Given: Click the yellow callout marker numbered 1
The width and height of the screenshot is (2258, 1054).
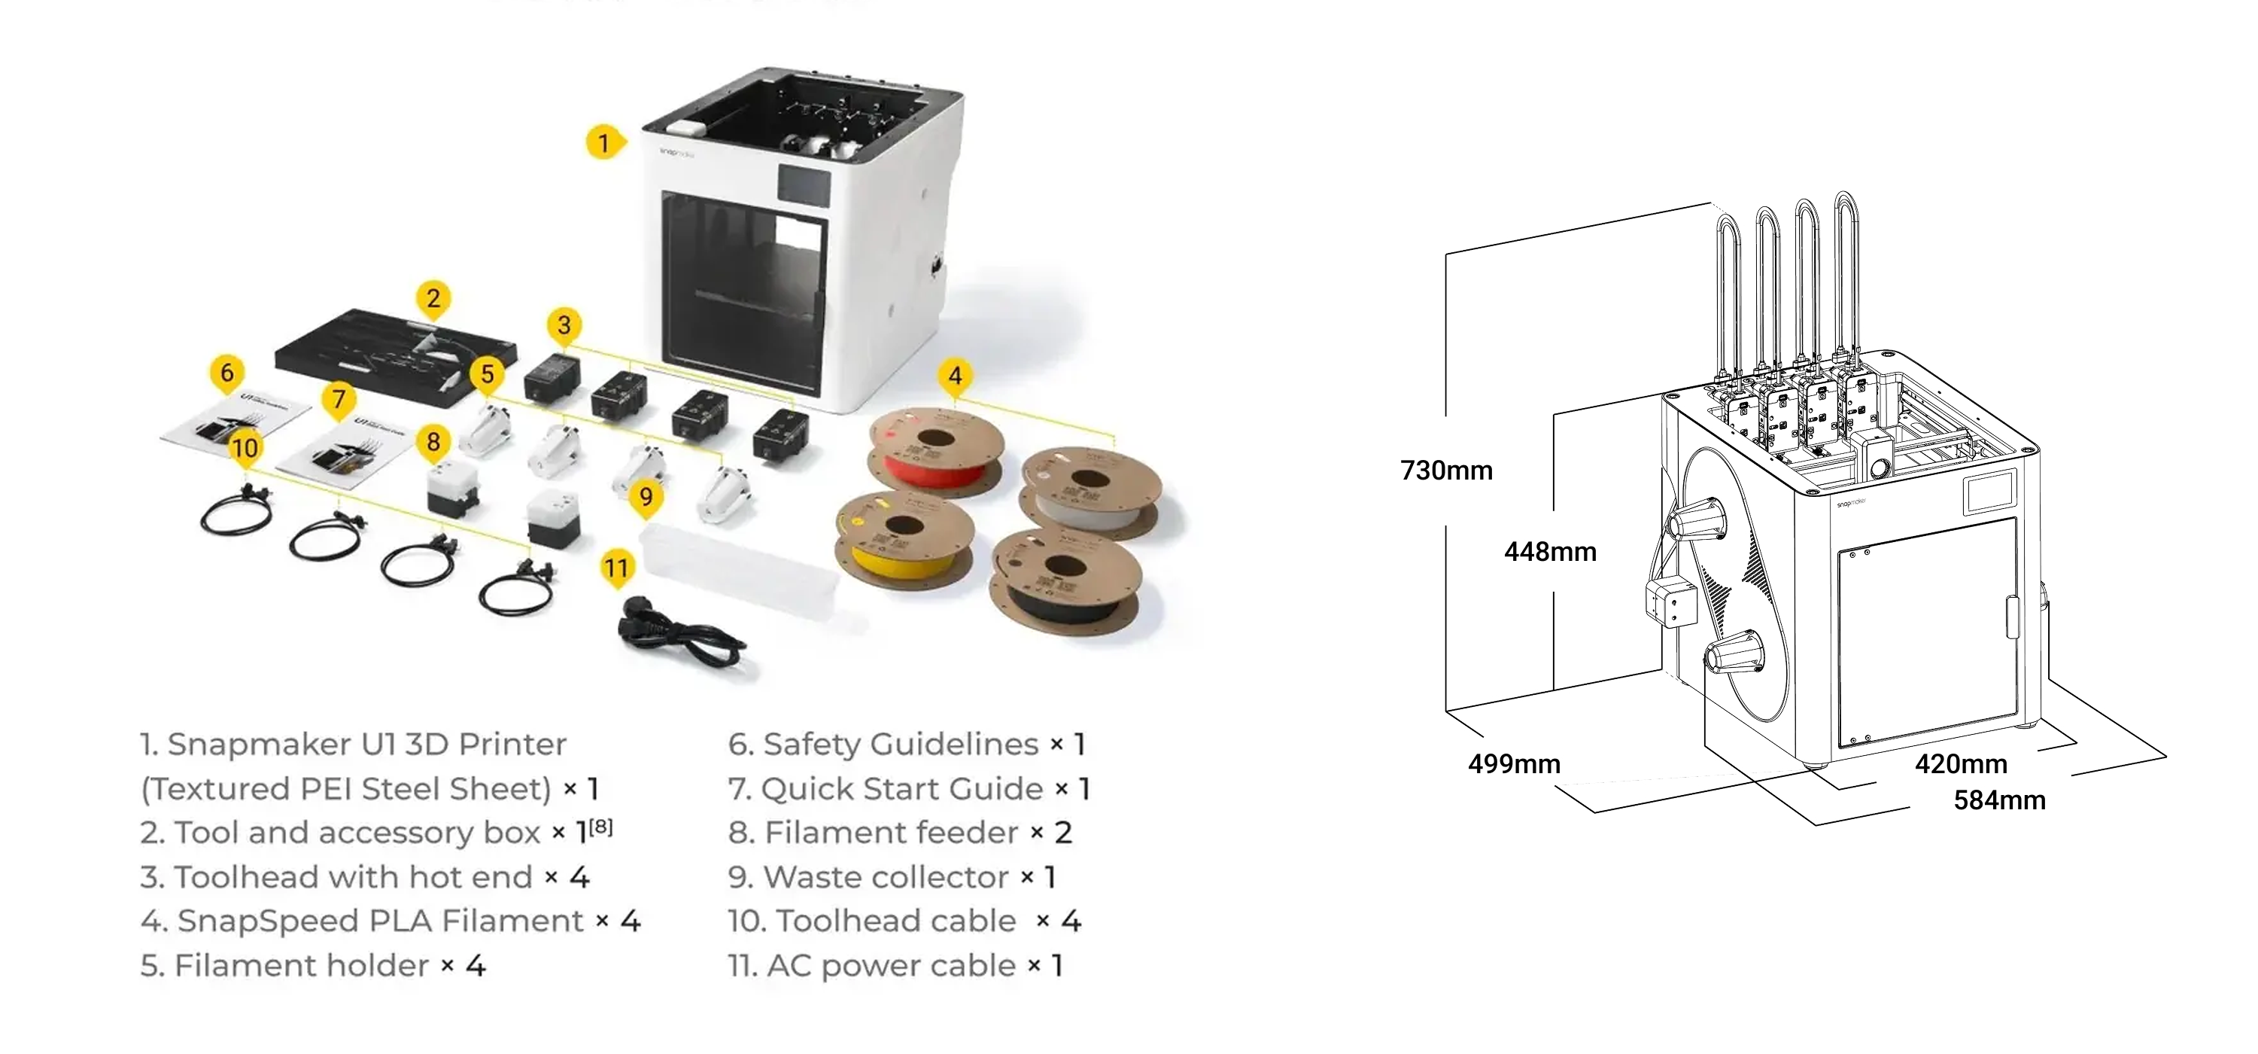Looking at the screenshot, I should tap(603, 142).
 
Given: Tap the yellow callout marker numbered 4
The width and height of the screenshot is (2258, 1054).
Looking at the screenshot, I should tap(955, 376).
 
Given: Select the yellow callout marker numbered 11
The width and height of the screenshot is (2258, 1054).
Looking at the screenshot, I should tap(616, 568).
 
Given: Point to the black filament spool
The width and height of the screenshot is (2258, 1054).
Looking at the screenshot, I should tap(1063, 580).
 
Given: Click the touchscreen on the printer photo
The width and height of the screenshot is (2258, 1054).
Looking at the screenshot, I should tap(804, 185).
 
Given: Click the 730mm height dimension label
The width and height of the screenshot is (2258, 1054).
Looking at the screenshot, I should tap(1446, 471).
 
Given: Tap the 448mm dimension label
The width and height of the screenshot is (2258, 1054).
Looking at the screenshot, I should tap(1550, 553).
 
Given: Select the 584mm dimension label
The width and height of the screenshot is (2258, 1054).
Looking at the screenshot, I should tap(1999, 800).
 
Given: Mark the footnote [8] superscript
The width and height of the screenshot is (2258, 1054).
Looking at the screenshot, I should tap(600, 827).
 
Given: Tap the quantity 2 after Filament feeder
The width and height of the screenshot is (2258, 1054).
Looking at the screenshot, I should tap(1062, 832).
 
